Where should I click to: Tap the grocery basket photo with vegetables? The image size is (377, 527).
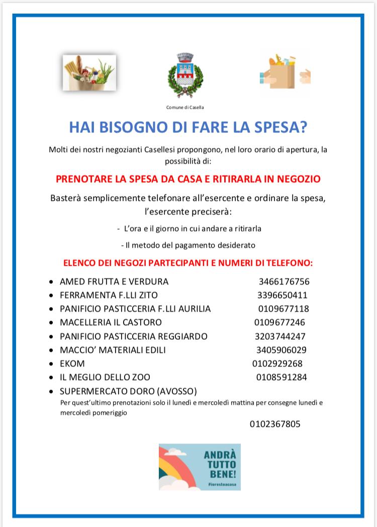tap(89, 73)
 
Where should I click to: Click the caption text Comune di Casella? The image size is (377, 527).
tap(185, 107)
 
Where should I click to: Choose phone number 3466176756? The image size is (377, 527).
tap(284, 281)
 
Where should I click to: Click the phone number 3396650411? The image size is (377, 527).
tap(282, 295)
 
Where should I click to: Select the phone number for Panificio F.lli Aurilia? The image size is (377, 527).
tap(284, 309)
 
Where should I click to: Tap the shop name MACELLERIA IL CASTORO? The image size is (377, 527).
tap(111, 322)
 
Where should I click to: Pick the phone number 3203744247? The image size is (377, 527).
tap(280, 336)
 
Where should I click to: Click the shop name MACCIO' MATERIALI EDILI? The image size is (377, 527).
tap(113, 350)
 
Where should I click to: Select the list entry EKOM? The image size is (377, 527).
tap(72, 363)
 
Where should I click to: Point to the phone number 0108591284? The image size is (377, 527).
tap(281, 377)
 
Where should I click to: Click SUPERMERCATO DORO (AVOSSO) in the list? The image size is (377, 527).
tap(128, 391)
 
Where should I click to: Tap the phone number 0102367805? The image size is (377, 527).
tap(275, 424)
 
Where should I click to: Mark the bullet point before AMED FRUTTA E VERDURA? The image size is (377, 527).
tap(52, 282)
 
